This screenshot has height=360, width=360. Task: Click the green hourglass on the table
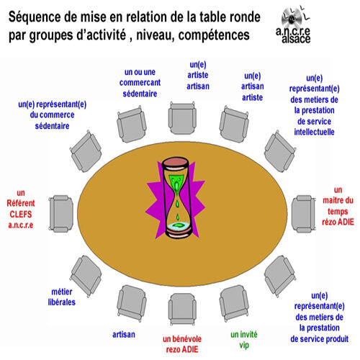click(x=177, y=197)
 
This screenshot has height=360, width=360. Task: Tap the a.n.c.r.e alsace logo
click(x=294, y=25)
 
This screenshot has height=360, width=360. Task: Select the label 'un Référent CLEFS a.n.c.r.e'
click(x=21, y=209)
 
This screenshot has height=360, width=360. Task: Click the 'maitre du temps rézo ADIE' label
click(x=338, y=206)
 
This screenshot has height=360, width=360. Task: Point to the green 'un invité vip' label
click(x=244, y=339)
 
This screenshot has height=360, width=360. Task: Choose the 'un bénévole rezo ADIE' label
click(x=182, y=344)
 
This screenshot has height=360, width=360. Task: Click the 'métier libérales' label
click(x=62, y=297)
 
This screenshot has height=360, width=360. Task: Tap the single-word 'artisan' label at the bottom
click(x=124, y=334)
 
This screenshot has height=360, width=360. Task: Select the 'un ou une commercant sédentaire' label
click(x=140, y=83)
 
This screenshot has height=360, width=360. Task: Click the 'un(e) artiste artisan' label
click(x=198, y=76)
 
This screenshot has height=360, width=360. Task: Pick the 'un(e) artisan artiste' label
click(x=252, y=86)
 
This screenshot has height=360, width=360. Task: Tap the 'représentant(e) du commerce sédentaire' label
click(x=52, y=115)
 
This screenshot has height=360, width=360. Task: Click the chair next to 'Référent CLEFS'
click(x=61, y=213)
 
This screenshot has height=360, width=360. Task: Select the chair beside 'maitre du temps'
click(x=303, y=213)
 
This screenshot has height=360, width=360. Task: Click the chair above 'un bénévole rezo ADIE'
click(x=182, y=309)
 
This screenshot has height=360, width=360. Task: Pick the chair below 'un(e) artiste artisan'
click(x=182, y=118)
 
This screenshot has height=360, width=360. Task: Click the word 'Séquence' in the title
click(x=34, y=17)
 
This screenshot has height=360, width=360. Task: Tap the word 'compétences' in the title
click(x=214, y=35)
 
